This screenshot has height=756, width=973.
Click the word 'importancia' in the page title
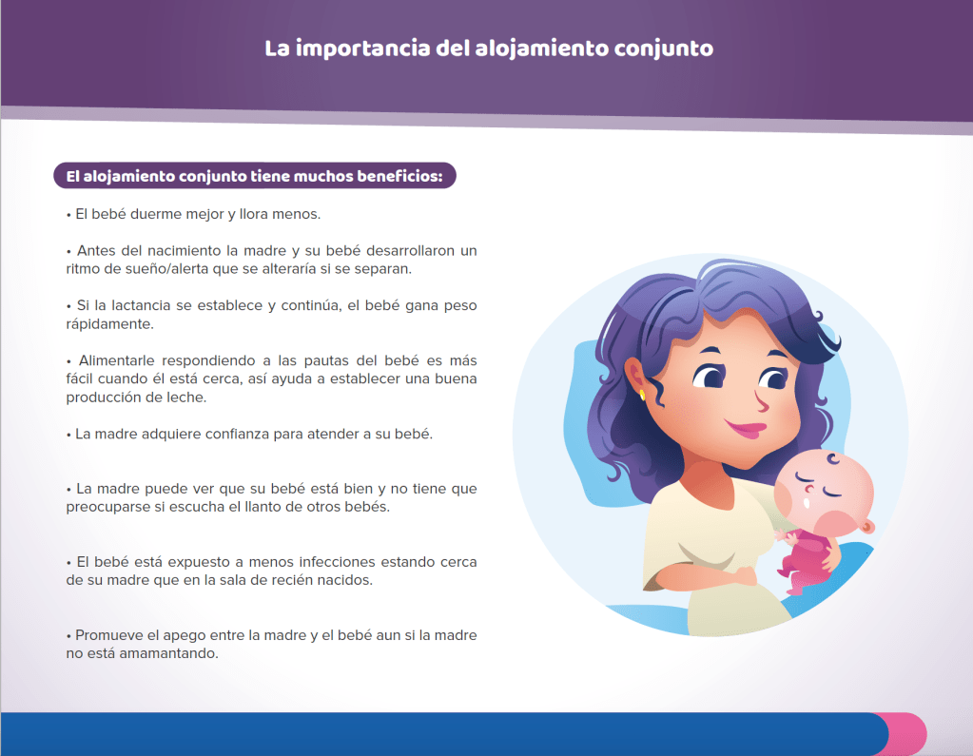pos(362,49)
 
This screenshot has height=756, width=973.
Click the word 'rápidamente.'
pos(109,324)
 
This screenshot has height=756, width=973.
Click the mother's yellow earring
pos(642,395)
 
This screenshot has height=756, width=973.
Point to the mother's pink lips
pos(747,428)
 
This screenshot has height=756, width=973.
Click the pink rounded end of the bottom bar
pos(909,734)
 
